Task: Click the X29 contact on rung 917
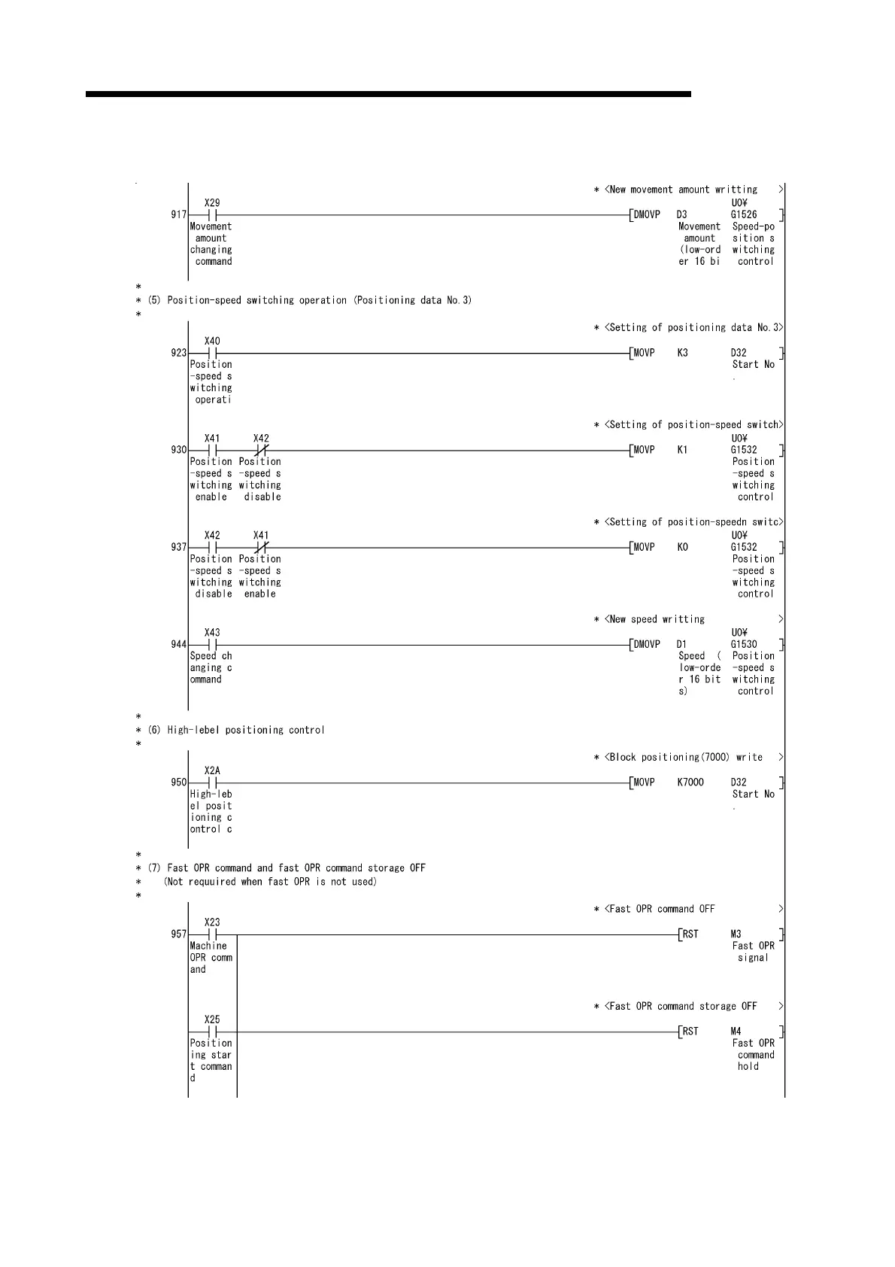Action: click(212, 215)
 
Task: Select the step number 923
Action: click(178, 353)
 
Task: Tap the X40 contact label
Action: click(212, 341)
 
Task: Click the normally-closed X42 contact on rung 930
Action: click(261, 451)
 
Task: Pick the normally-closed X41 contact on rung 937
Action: click(261, 548)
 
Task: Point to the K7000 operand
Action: click(690, 782)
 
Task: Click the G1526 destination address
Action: click(744, 215)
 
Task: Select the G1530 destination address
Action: click(744, 645)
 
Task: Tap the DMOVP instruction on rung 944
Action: click(647, 645)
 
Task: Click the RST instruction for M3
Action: click(690, 934)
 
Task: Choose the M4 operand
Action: click(736, 1032)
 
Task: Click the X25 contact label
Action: click(212, 1019)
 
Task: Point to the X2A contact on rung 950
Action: click(212, 782)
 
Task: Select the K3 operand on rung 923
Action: click(682, 353)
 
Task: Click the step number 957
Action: click(178, 934)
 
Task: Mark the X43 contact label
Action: click(212, 633)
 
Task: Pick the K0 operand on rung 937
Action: click(682, 548)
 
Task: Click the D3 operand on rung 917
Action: click(681, 215)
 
